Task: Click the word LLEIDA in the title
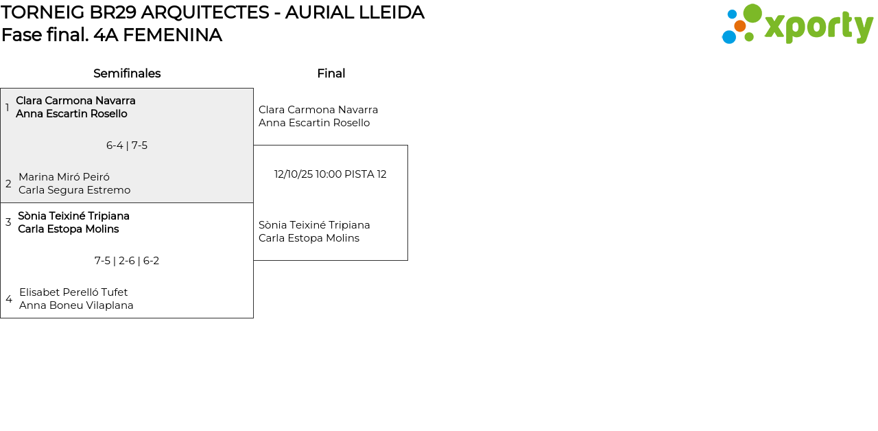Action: coord(392,12)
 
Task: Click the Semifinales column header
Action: coord(127,73)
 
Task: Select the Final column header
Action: coord(331,73)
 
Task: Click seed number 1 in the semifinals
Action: coord(8,108)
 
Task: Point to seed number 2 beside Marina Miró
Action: coord(8,184)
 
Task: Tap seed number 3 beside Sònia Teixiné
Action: coord(8,222)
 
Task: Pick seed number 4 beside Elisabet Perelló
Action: coord(9,299)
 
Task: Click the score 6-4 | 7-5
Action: coord(127,145)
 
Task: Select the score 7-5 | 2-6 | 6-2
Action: coord(127,261)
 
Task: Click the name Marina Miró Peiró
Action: coord(64,177)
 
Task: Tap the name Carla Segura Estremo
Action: coord(74,190)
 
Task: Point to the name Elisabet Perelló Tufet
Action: coord(73,292)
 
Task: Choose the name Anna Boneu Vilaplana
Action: coord(76,305)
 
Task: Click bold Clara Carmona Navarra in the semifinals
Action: coord(75,101)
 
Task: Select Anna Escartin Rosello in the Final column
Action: coord(314,123)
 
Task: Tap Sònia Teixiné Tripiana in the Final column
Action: coord(314,225)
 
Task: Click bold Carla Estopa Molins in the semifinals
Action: coord(68,229)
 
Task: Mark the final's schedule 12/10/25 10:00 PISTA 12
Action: coord(331,174)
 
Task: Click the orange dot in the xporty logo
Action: coord(740,26)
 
